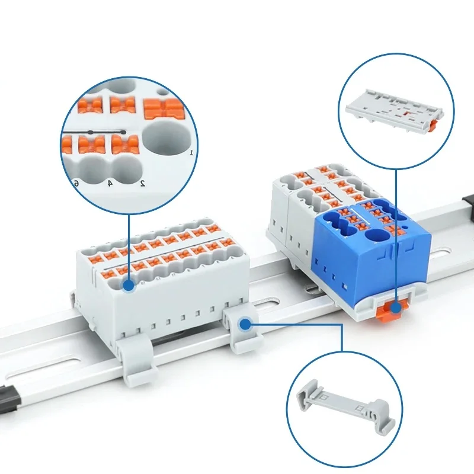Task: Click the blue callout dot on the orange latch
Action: click(396, 306)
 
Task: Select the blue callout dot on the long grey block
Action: click(128, 286)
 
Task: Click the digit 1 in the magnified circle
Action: click(191, 152)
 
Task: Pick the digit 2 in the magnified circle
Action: click(143, 182)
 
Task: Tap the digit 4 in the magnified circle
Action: click(110, 183)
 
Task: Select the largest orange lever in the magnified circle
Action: click(165, 109)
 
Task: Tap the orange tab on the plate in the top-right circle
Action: click(434, 125)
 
